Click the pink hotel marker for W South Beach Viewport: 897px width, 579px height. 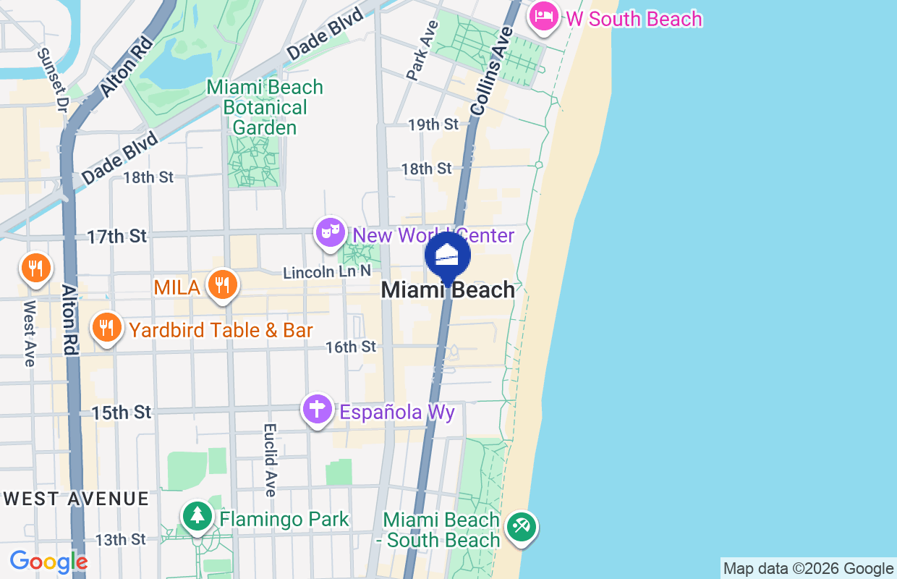tap(543, 17)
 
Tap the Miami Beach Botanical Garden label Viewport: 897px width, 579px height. tap(264, 107)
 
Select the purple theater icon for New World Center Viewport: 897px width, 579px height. tap(331, 232)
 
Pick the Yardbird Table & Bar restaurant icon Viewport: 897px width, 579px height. tap(106, 328)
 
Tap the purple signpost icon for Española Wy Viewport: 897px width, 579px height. tap(317, 410)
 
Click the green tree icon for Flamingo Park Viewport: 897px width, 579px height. tap(197, 517)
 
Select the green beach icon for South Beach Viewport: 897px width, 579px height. tap(520, 526)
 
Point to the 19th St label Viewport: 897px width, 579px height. tap(433, 124)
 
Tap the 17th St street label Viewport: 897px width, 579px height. tap(117, 236)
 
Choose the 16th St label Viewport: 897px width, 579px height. tap(351, 347)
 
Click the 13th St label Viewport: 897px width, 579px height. tap(121, 539)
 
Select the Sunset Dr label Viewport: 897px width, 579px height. tap(51, 80)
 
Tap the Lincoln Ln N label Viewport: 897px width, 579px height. tap(327, 272)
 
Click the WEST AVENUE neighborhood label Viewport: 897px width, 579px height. tap(77, 499)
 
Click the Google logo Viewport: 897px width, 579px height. tap(48, 562)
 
